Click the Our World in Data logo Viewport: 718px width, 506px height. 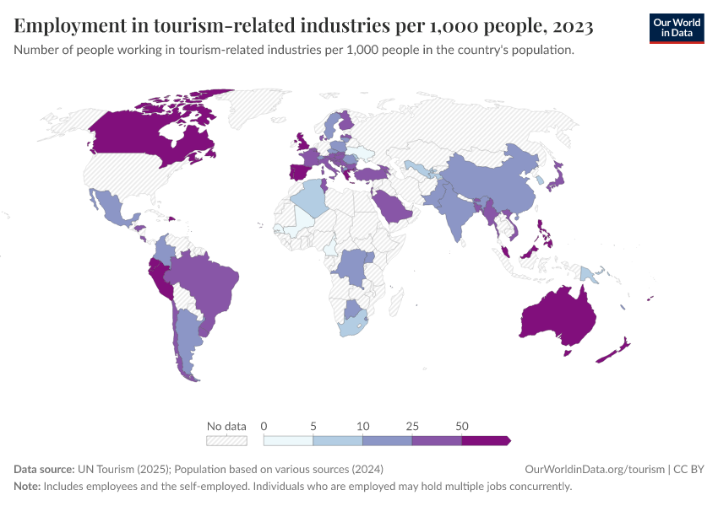676,27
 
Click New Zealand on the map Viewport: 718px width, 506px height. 615,351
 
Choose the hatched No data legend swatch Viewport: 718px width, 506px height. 226,440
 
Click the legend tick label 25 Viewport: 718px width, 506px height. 411,426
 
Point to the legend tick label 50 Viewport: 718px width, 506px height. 461,426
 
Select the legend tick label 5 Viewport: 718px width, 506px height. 313,426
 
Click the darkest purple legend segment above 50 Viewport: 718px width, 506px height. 485,440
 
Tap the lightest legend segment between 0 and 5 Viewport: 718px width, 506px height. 288,440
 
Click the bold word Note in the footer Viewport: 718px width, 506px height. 27,487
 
